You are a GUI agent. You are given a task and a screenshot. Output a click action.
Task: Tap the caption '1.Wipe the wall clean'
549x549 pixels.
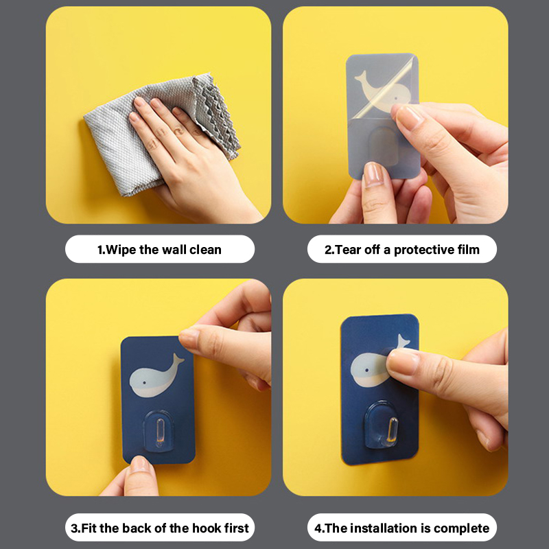(159, 250)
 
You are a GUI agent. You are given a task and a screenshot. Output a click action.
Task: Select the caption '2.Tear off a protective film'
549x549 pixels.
(402, 250)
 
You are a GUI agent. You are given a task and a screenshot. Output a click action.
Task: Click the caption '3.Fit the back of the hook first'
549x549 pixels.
(160, 528)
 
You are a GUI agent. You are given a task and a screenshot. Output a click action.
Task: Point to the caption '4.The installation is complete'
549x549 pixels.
(402, 528)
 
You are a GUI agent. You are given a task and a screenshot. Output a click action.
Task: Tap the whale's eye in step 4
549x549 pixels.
(366, 370)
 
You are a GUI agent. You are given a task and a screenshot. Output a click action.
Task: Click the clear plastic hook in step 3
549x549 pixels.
(159, 432)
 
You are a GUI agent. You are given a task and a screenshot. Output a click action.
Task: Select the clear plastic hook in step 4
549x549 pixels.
(381, 426)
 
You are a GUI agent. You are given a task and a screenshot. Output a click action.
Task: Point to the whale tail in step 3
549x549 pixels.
(177, 360)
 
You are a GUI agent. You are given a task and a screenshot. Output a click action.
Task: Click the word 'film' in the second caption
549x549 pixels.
(469, 250)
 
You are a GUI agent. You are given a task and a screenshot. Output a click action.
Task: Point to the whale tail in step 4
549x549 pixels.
(403, 341)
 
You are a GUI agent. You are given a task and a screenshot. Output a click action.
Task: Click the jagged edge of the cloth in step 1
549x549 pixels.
(216, 115)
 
